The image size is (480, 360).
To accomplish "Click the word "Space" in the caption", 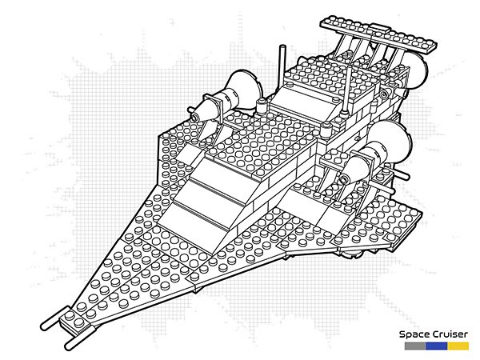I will click(x=417, y=336).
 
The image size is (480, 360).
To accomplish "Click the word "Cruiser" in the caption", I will click(x=450, y=336).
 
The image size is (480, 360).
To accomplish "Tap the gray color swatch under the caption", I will click(x=414, y=347).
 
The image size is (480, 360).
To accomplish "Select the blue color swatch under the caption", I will click(x=436, y=347).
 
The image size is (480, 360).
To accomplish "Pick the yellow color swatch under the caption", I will click(x=458, y=347).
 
